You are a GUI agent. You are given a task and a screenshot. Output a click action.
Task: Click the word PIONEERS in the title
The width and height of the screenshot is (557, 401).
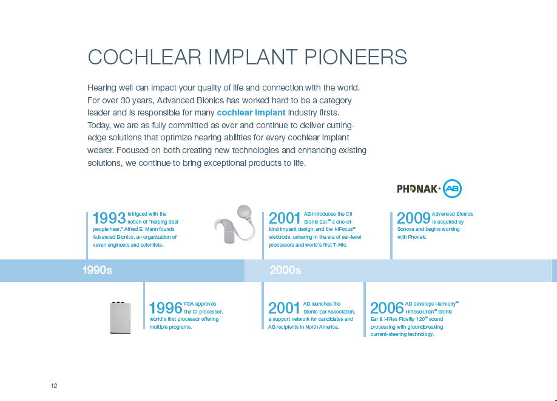click(356, 57)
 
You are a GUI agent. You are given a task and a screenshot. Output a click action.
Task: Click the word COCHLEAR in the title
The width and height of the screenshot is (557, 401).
click(144, 57)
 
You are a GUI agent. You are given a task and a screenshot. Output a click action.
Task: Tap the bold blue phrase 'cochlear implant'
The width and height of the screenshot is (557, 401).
click(251, 113)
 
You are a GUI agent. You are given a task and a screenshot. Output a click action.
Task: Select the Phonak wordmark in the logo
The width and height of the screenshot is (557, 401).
click(417, 188)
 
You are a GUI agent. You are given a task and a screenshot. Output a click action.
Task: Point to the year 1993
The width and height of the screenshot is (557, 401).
click(109, 218)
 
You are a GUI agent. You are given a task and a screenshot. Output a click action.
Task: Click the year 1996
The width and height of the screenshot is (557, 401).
click(166, 308)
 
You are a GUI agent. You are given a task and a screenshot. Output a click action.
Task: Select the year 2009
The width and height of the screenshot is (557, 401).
click(413, 218)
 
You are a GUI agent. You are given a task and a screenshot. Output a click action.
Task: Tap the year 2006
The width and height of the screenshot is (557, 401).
click(387, 308)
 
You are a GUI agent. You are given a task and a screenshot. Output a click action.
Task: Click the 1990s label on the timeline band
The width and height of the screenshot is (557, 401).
click(97, 270)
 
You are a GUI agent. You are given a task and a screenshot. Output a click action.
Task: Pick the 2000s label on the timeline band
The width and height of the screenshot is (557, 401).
click(285, 270)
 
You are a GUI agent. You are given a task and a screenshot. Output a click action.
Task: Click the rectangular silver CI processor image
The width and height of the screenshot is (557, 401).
click(120, 318)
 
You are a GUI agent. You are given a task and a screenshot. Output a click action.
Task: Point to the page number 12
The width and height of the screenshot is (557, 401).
click(54, 386)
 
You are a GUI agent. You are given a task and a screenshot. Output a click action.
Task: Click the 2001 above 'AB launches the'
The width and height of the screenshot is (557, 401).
click(284, 308)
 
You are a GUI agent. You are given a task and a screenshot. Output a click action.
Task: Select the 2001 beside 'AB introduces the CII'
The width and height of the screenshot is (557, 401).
click(285, 218)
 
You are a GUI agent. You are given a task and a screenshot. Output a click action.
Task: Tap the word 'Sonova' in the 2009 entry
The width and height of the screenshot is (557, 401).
click(406, 229)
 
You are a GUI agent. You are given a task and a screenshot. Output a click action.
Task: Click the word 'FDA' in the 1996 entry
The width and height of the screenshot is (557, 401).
click(189, 304)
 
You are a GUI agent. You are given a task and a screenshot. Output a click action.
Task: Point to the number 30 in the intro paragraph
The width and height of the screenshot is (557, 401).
click(125, 100)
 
